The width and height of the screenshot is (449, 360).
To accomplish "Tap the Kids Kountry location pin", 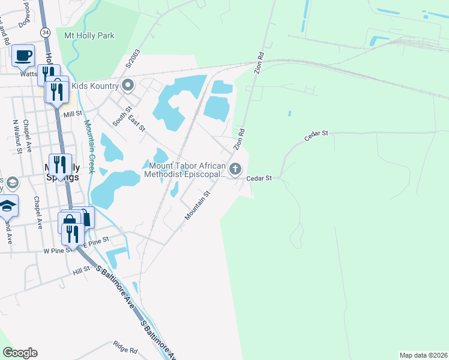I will [127, 86].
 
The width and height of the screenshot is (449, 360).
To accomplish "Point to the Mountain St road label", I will [199, 206].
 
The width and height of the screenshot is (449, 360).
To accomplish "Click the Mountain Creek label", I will [89, 147].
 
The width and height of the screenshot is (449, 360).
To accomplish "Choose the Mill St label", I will [72, 113].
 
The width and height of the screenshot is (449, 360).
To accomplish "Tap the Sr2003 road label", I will [131, 58].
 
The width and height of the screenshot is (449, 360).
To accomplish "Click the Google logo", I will [20, 353].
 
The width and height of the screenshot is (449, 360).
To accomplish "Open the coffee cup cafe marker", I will [23, 56].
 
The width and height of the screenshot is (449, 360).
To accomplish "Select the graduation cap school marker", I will [7, 206].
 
